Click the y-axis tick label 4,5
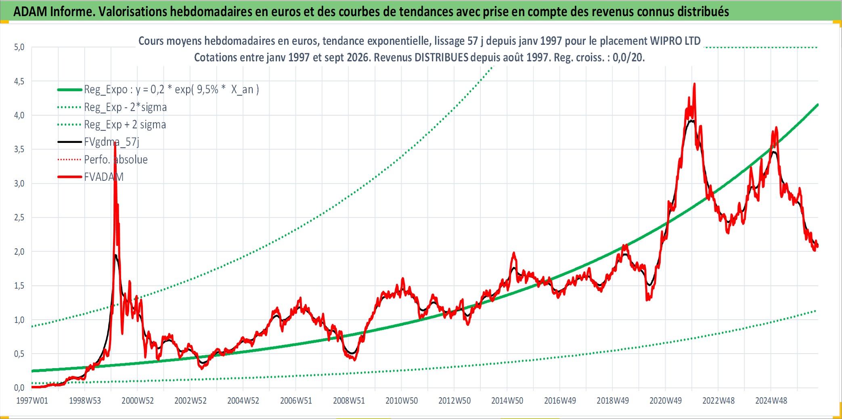coord(19,82)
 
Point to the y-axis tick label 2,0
coord(19,252)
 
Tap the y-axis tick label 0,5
coord(19,354)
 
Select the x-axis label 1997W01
coord(32,401)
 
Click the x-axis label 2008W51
coord(349,401)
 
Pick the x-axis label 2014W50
coord(507,401)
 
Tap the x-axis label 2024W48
coord(771,401)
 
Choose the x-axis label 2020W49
coord(665,401)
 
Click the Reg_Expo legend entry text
coord(172,90)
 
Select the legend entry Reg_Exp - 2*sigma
coord(125,107)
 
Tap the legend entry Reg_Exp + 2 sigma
coord(125,125)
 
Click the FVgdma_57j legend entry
coord(111,142)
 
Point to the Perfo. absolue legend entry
coord(116,159)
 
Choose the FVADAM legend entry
coord(104,177)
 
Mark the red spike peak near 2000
coord(115,143)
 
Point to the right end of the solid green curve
coord(817,105)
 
